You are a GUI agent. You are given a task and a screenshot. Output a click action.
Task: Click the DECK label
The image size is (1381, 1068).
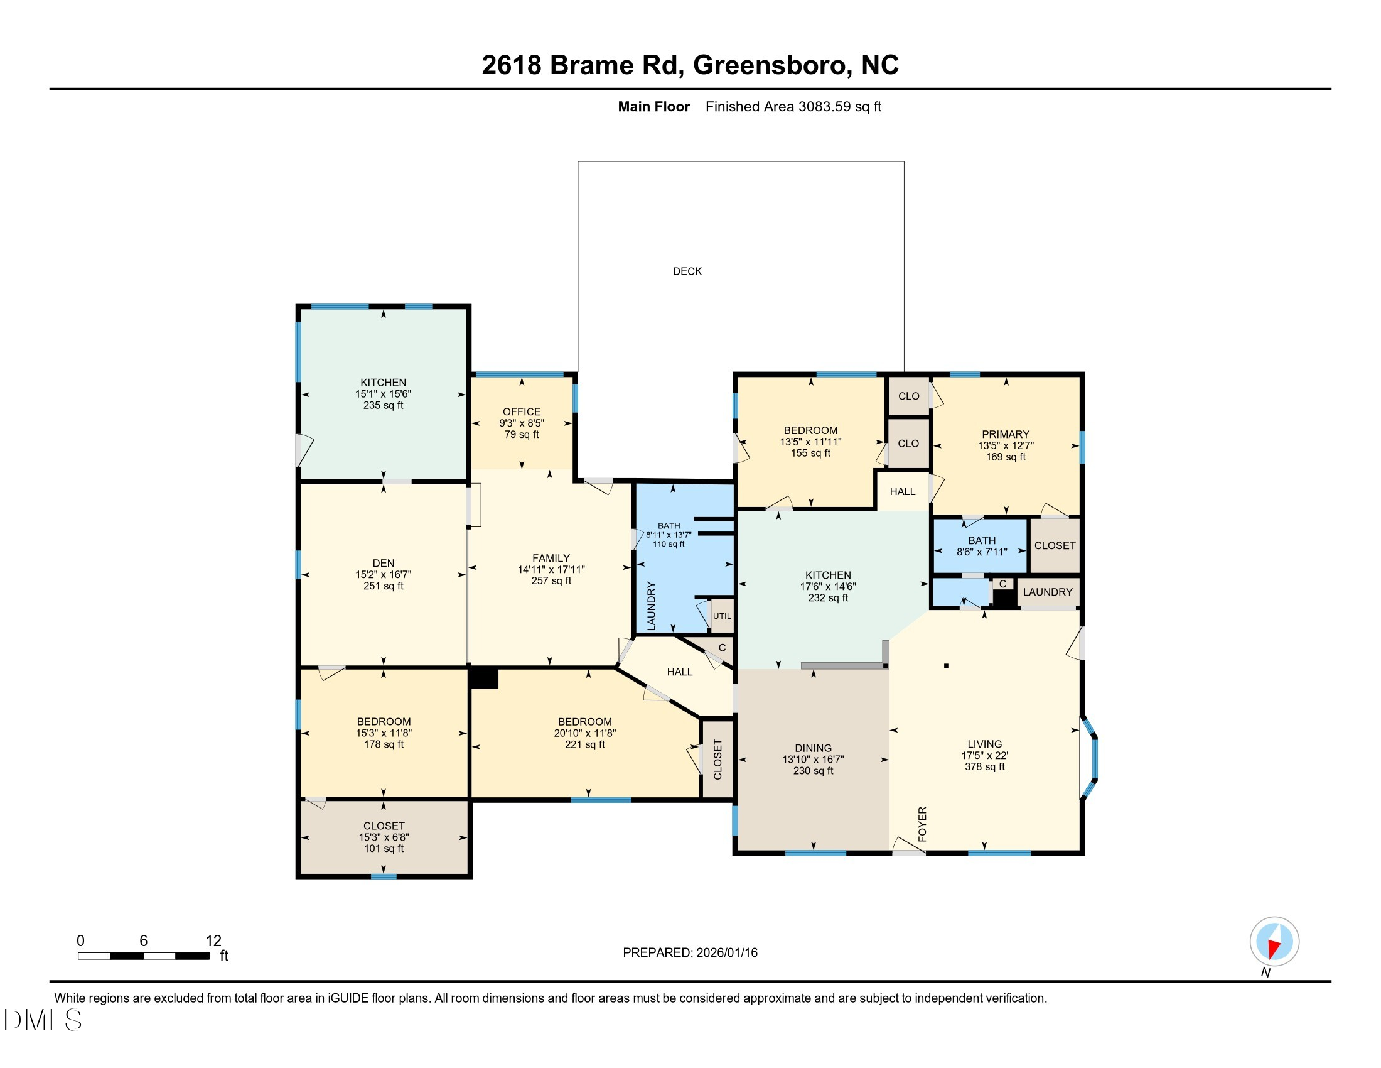pyautogui.click(x=687, y=271)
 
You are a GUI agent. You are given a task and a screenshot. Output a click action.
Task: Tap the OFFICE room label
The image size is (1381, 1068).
pyautogui.click(x=521, y=411)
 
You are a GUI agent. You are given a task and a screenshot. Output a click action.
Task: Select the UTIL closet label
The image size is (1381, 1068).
pyautogui.click(x=721, y=616)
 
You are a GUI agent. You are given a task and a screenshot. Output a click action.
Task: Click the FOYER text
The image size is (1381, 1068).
pyautogui.click(x=922, y=824)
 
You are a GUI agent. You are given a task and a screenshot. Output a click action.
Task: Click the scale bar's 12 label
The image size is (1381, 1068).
pyautogui.click(x=213, y=940)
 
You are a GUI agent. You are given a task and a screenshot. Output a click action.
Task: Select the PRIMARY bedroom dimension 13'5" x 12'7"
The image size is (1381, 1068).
pyautogui.click(x=1006, y=445)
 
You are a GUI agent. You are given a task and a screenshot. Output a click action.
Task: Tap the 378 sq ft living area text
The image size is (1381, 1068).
pyautogui.click(x=984, y=766)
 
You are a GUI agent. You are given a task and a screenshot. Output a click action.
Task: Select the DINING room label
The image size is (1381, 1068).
pyautogui.click(x=813, y=748)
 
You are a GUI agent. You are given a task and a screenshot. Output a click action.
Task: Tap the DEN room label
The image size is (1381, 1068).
pyautogui.click(x=383, y=562)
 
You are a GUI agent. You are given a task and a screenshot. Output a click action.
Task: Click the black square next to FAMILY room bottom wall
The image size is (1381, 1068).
pyautogui.click(x=485, y=678)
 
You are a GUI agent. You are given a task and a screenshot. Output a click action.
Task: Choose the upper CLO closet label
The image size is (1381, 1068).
pyautogui.click(x=909, y=396)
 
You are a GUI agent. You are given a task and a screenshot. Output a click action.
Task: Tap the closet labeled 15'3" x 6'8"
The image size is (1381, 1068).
pyautogui.click(x=383, y=836)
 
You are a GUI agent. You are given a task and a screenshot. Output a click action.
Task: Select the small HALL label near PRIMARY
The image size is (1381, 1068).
pyautogui.click(x=902, y=491)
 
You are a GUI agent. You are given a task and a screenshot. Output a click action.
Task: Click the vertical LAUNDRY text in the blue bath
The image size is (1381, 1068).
pyautogui.click(x=652, y=606)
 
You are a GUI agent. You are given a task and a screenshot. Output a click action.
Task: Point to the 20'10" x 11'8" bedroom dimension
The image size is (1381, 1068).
pyautogui.click(x=584, y=733)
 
